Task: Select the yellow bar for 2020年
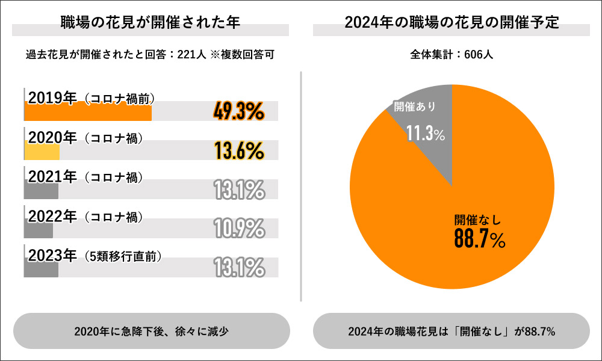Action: pos(42,151)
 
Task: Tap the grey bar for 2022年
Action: pos(39,229)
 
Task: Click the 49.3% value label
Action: pos(239,111)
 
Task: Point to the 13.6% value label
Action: pos(239,150)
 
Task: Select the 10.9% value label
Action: pos(239,228)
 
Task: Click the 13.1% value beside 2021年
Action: pos(239,190)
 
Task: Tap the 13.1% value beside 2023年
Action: pos(239,267)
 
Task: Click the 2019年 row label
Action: pos(52,99)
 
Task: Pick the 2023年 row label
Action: pos(52,255)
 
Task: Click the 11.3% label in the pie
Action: pos(425,134)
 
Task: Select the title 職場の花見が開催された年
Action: pos(150,23)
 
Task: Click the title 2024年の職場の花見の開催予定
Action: pos(451,23)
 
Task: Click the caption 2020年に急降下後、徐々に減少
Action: pos(151,332)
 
